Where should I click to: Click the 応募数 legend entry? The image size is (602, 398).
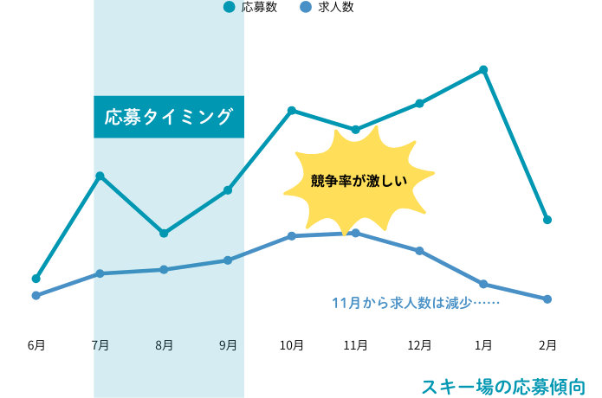tap(251, 8)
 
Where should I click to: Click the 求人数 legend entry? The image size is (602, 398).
tap(325, 8)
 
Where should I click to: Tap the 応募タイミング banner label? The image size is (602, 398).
tap(169, 116)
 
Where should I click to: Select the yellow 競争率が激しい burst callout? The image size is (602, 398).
tap(359, 180)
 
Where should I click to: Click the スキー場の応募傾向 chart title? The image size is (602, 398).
tap(503, 386)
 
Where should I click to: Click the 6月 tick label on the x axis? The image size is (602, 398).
tap(36, 345)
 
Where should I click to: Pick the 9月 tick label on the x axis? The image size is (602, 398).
tap(228, 345)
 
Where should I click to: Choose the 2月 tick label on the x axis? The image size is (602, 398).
tap(547, 345)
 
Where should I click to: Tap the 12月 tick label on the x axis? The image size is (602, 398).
tap(419, 345)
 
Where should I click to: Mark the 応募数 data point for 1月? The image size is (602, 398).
tap(483, 69)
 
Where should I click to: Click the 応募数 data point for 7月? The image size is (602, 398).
tap(100, 176)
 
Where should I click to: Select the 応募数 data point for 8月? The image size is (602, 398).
tap(164, 233)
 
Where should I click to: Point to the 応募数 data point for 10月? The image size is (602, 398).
tap(292, 110)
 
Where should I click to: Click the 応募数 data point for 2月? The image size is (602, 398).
tap(547, 220)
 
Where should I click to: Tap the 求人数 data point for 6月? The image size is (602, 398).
tap(36, 296)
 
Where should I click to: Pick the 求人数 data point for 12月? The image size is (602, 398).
tap(419, 251)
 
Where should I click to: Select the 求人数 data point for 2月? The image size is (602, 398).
tap(547, 299)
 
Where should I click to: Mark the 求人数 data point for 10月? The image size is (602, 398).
tap(292, 235)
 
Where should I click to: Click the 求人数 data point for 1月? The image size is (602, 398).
tap(483, 284)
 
